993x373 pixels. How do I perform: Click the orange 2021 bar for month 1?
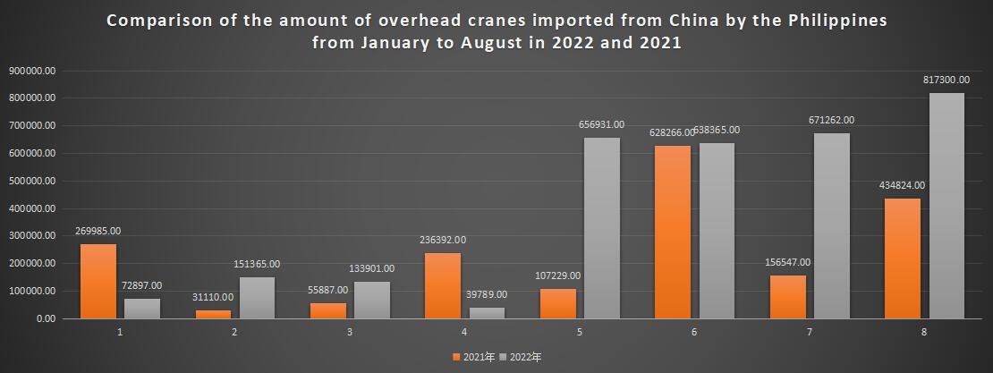click(x=98, y=281)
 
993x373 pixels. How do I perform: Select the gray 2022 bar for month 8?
click(x=946, y=206)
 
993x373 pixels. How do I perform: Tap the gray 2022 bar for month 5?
click(x=602, y=228)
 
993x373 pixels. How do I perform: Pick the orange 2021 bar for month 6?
click(x=673, y=232)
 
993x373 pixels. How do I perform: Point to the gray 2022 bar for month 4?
click(x=487, y=312)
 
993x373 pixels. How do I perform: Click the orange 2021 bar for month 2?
click(x=213, y=314)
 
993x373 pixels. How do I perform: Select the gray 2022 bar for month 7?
click(x=832, y=225)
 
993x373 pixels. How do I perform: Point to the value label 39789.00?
click(x=486, y=294)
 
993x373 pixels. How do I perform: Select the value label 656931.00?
click(x=599, y=124)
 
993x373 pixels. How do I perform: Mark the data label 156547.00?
click(x=786, y=262)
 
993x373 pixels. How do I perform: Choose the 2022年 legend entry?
click(x=521, y=357)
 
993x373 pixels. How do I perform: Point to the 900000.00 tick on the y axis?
click(x=33, y=70)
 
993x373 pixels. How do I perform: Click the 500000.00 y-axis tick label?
click(x=33, y=181)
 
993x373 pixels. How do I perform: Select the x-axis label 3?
click(x=350, y=332)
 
